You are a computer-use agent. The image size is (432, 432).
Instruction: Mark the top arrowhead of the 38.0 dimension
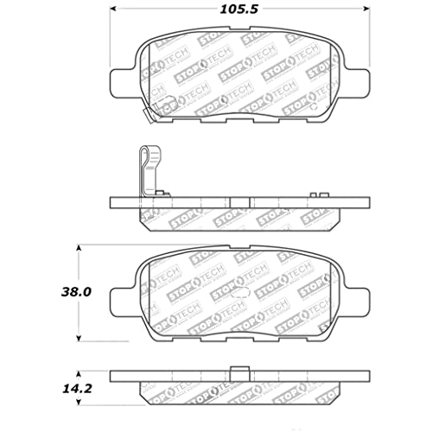pyautogui.click(x=79, y=248)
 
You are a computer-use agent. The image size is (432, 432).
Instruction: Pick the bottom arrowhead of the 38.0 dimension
pyautogui.click(x=79, y=338)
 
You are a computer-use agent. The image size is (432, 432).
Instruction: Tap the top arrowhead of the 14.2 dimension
pyautogui.click(x=79, y=372)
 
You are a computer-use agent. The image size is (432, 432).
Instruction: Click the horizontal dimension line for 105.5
pyautogui.click(x=173, y=11)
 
